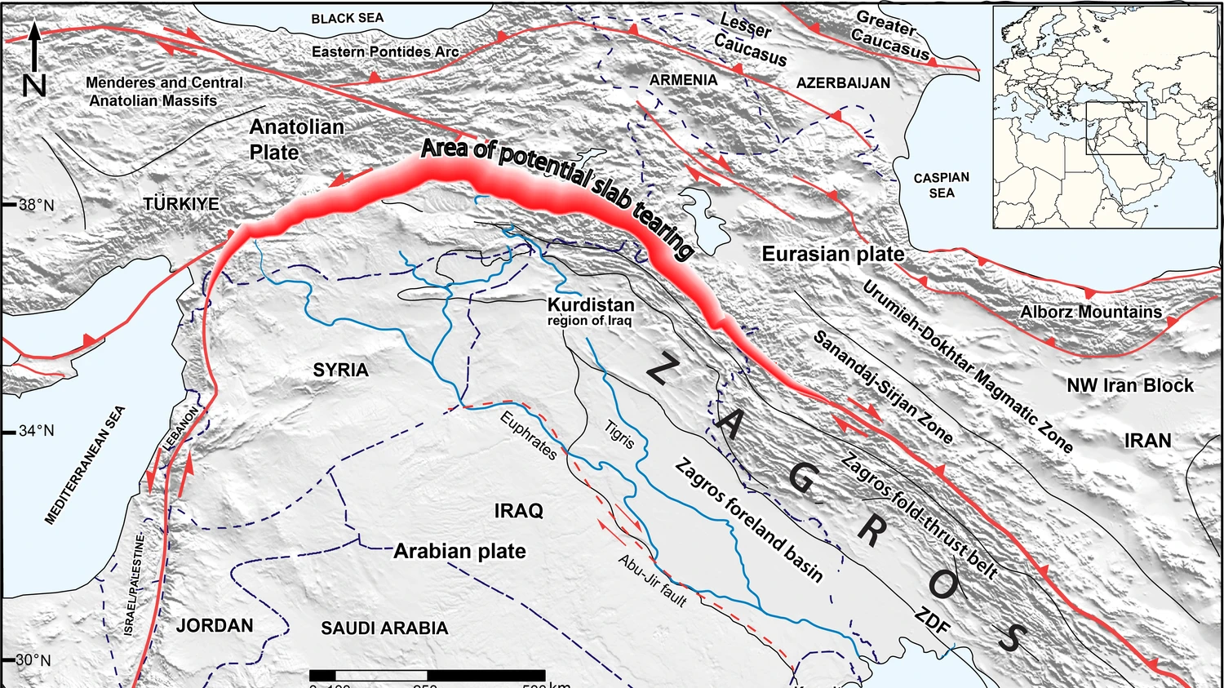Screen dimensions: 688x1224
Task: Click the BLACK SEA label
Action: tap(347, 18)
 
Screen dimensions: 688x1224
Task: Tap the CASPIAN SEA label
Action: tap(941, 185)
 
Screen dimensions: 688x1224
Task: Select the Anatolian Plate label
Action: tap(296, 140)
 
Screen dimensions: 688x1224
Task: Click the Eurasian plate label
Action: tap(833, 254)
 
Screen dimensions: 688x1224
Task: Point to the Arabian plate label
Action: tap(459, 552)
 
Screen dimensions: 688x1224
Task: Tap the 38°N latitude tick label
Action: tap(36, 205)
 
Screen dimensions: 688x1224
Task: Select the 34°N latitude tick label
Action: tap(36, 431)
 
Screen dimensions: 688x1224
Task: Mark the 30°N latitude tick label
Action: tap(33, 660)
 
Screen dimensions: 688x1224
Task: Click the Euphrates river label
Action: tap(529, 435)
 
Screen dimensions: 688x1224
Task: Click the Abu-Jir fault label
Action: tap(652, 580)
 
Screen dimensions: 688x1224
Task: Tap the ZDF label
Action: tap(932, 622)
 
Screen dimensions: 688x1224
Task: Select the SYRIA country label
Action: tap(340, 371)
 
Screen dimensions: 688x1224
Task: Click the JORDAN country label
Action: tap(215, 626)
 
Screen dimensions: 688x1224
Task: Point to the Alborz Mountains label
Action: tap(1091, 312)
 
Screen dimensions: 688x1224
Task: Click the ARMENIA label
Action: tap(683, 80)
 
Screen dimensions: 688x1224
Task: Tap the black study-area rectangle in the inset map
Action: tap(1115, 128)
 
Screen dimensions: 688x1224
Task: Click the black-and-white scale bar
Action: tap(427, 675)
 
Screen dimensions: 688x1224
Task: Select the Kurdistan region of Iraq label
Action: tap(590, 311)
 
